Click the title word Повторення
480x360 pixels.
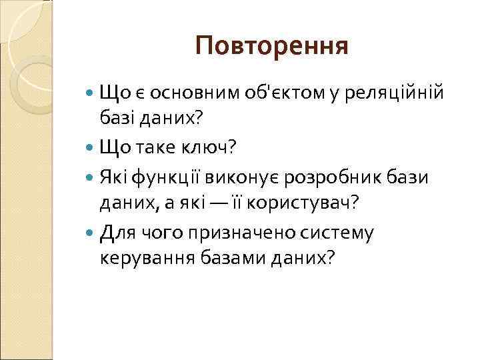click(272, 46)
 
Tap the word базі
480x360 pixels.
click(119, 118)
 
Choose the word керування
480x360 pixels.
click(139, 257)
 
